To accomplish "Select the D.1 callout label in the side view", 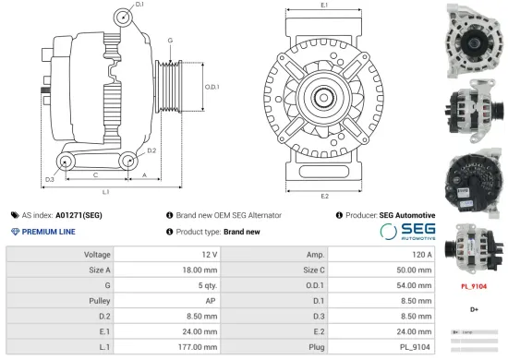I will [x=139, y=6].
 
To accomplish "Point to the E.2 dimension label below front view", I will [x=324, y=196].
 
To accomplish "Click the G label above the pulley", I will [x=170, y=41].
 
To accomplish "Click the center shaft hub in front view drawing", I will [x=324, y=97].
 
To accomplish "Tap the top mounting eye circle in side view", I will [x=124, y=18].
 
